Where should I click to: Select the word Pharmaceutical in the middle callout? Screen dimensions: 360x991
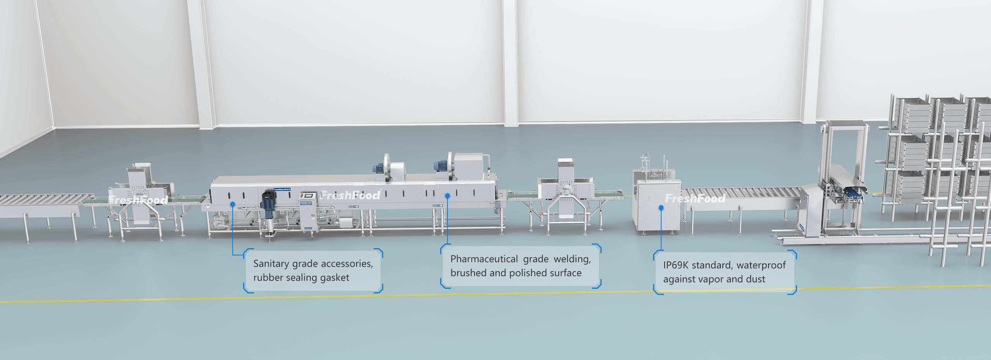[x=484, y=259]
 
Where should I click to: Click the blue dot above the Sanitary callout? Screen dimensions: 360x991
[x=233, y=204]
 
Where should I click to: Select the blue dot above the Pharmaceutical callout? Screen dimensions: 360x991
[x=447, y=196]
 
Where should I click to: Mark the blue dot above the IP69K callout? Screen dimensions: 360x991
[x=661, y=208]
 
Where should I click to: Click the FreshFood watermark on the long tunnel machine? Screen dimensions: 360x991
[x=350, y=195]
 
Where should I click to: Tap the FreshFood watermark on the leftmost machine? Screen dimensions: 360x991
[x=138, y=200]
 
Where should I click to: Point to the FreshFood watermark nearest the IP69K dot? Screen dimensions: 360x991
[x=695, y=199]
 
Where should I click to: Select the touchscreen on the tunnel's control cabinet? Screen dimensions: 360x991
[x=308, y=195]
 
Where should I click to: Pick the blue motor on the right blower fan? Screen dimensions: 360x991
[x=440, y=166]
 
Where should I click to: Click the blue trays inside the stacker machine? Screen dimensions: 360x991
[x=854, y=192]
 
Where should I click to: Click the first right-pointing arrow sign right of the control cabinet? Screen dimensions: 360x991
[x=354, y=206]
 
